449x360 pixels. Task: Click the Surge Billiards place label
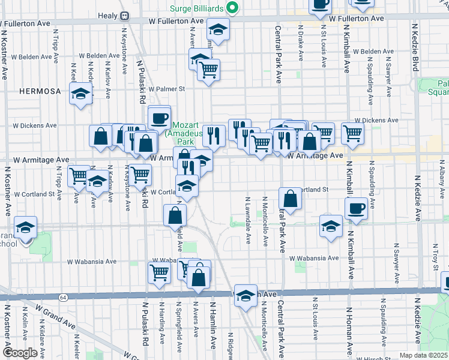pyautogui.click(x=196, y=8)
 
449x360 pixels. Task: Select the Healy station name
pyautogui.click(x=108, y=16)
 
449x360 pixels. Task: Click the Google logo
pyautogui.click(x=20, y=353)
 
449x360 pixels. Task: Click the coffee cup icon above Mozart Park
pyautogui.click(x=159, y=118)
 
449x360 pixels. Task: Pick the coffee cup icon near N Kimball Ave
pyautogui.click(x=356, y=208)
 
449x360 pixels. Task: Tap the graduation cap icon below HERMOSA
pyautogui.click(x=81, y=94)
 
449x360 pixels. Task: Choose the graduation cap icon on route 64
pyautogui.click(x=246, y=295)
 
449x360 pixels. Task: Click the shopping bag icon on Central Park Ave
pyautogui.click(x=290, y=199)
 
